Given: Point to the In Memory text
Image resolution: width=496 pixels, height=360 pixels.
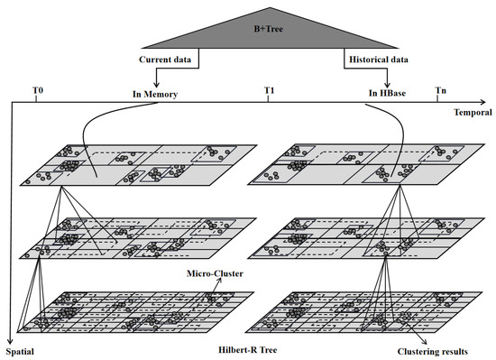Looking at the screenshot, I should click(x=156, y=93).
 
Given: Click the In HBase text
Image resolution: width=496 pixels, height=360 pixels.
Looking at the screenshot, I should click(x=386, y=93).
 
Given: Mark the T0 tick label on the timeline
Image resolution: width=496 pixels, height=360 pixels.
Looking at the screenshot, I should click(x=36, y=91).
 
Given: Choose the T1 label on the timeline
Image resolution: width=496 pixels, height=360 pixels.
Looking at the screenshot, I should click(x=269, y=91).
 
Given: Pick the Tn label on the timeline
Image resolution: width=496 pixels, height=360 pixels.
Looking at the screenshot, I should click(x=439, y=91).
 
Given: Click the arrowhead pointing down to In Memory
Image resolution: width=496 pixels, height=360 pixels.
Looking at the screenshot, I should click(x=157, y=83).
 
